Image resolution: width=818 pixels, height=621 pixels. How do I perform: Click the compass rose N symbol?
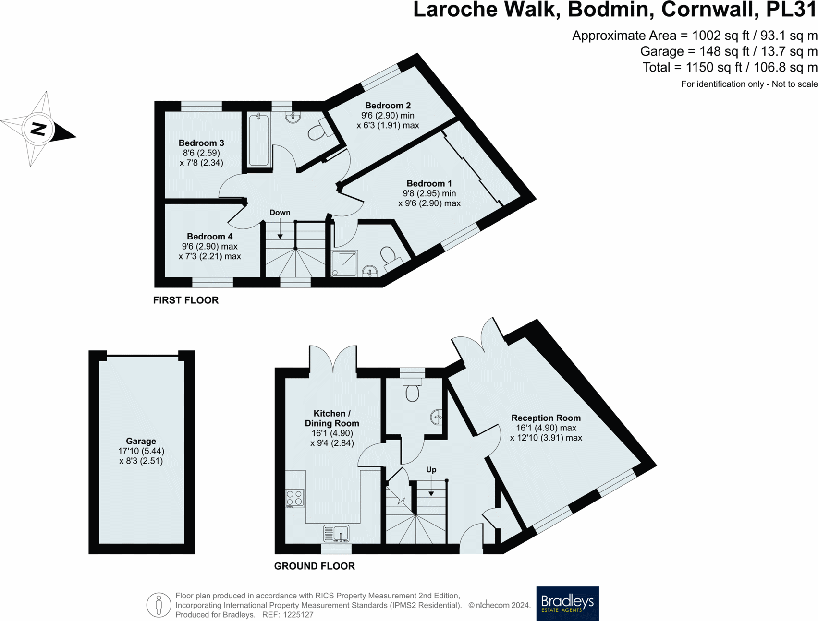click(x=39, y=129)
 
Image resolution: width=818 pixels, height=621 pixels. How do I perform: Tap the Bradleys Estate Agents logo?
click(x=567, y=603)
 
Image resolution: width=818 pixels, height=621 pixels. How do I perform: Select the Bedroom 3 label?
click(x=201, y=143)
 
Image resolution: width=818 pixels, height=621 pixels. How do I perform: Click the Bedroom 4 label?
click(x=209, y=237)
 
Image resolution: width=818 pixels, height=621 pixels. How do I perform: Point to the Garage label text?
click(x=141, y=441)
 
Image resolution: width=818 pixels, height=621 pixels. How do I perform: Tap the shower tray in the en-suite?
click(x=344, y=263)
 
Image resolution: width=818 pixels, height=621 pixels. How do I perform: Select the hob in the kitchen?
click(x=295, y=498)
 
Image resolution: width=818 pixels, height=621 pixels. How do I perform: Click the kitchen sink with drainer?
click(x=336, y=534)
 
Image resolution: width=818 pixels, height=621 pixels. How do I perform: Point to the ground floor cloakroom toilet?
click(x=412, y=390)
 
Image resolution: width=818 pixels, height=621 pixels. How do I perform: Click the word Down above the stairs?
click(x=280, y=213)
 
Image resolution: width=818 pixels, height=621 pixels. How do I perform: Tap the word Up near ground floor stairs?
click(x=431, y=470)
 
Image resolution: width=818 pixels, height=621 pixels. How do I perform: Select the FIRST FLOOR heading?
click(x=186, y=300)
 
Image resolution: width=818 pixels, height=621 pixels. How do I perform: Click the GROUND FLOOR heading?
click(x=314, y=566)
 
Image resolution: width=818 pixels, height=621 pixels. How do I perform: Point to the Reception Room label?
click(x=546, y=418)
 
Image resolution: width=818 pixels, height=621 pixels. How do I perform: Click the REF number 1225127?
click(x=298, y=615)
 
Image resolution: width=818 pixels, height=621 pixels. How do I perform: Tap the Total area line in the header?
click(x=730, y=68)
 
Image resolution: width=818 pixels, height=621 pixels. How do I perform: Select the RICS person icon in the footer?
click(x=159, y=605)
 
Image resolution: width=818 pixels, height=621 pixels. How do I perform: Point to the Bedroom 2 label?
click(x=388, y=106)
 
